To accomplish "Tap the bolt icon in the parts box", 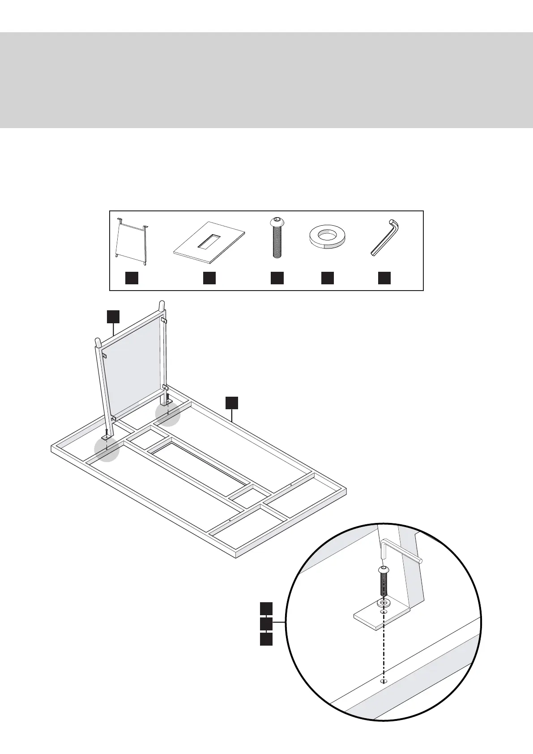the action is [x=277, y=238].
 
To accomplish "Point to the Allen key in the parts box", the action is [x=385, y=238].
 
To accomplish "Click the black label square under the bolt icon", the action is [x=277, y=278].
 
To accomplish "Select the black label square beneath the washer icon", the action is [x=328, y=278].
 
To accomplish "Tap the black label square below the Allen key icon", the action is [x=384, y=278].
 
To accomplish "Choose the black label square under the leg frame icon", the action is [x=131, y=278].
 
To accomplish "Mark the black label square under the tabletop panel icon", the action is [x=209, y=278].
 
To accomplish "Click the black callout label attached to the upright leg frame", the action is [x=113, y=316].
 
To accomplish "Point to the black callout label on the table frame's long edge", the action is [x=231, y=402].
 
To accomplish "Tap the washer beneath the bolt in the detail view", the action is [x=384, y=603].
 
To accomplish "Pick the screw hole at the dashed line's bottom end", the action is [x=383, y=694].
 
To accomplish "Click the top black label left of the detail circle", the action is [x=266, y=608].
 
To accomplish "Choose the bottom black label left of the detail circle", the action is [x=266, y=639].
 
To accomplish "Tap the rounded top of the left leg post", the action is [x=97, y=341].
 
